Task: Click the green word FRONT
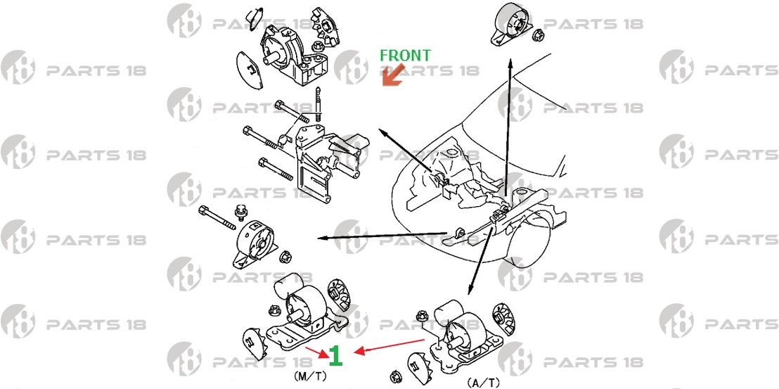click(406, 55)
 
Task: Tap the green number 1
click(336, 356)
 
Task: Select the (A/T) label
click(483, 383)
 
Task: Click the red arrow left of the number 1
click(316, 352)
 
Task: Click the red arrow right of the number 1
click(390, 346)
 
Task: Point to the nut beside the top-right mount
click(536, 35)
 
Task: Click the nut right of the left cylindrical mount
click(285, 257)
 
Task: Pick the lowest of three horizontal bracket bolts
click(276, 169)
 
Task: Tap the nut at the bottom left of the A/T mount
click(396, 375)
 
